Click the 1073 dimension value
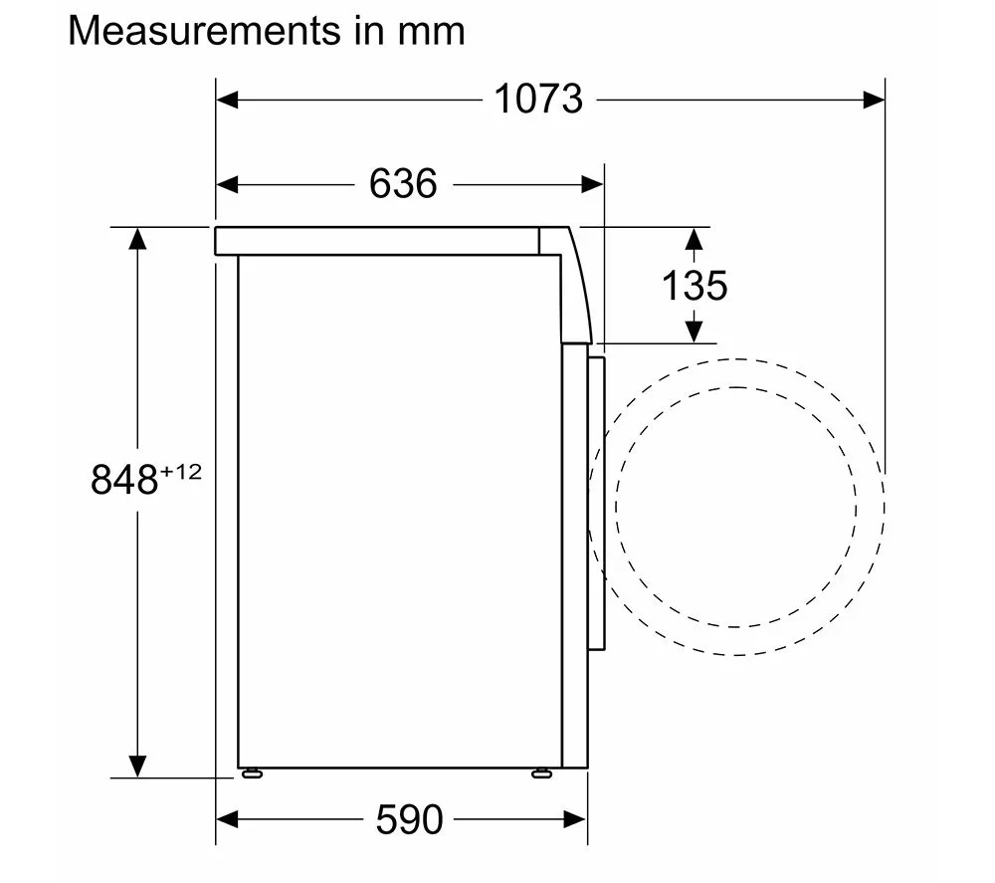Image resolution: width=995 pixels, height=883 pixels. pos(538,99)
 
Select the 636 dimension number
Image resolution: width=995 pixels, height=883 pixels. pos(403,184)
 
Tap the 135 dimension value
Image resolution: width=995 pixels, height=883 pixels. pos(695,286)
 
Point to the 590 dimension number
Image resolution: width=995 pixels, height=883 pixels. pos(409,819)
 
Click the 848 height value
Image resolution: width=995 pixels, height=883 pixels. pos(124,479)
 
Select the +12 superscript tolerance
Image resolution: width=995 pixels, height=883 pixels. pos(181,471)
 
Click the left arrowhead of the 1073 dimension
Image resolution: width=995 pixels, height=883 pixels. pos(227,100)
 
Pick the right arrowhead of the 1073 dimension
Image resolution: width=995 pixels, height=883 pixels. pos(874,100)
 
